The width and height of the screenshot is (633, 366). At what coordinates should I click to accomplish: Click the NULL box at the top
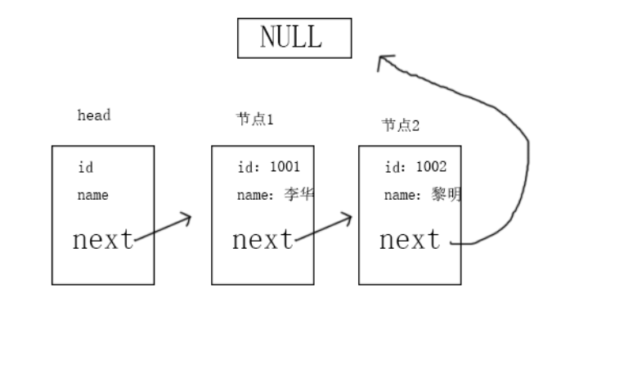point(294,38)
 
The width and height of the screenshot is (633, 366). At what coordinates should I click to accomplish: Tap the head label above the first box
point(93,115)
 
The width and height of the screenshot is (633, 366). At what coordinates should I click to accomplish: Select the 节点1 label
point(254,120)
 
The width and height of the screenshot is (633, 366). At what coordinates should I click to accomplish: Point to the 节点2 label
point(401,125)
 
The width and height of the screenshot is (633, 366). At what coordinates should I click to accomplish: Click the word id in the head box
point(85,168)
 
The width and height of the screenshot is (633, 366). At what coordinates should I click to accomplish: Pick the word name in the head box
point(92,196)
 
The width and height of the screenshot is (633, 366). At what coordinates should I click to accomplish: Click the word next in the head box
point(103,240)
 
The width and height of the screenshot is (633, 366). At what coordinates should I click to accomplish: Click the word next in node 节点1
point(263,240)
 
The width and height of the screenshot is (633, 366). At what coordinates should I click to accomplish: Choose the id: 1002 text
point(415,168)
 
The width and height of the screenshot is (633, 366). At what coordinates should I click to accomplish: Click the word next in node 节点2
point(409,240)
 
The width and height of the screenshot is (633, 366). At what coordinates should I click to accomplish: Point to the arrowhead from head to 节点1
point(187,219)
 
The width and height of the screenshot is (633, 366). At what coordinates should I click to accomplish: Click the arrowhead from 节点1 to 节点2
point(348,219)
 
